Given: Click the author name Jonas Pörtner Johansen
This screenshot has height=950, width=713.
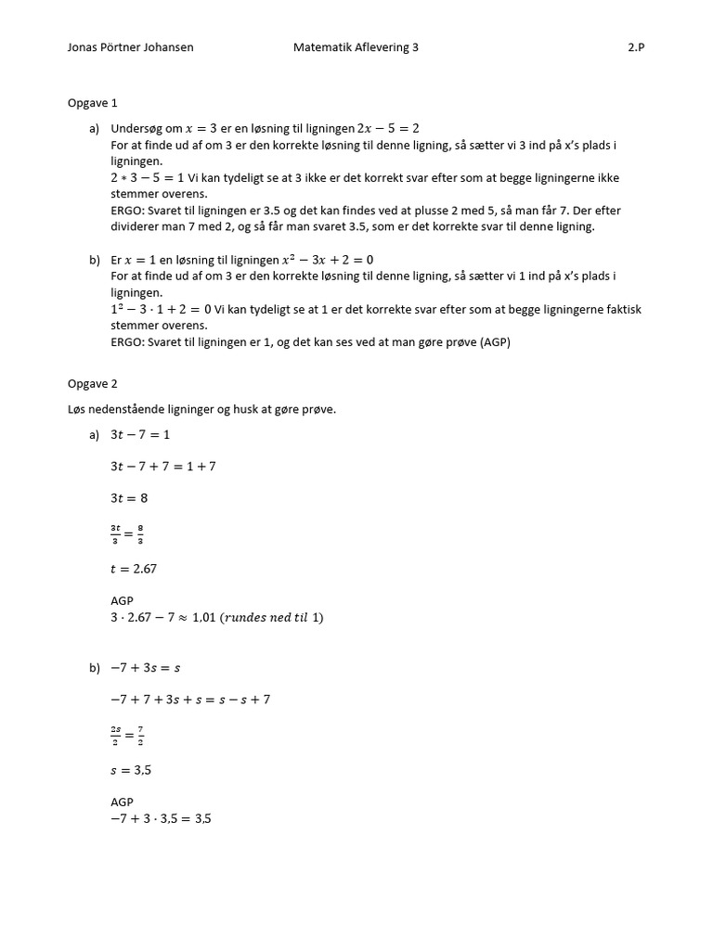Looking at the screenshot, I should point(131,47).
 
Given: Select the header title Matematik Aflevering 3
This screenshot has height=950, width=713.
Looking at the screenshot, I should point(356,47).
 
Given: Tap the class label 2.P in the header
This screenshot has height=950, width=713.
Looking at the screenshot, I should point(635,47).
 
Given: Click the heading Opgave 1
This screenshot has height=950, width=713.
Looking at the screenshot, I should point(93,103).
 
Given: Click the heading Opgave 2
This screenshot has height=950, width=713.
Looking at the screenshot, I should point(93,383).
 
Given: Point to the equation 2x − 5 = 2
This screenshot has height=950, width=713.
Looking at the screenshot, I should point(388,128).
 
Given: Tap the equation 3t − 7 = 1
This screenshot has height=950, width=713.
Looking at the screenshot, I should point(140,434).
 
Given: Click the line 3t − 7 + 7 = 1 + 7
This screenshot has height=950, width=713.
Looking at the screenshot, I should point(163,466).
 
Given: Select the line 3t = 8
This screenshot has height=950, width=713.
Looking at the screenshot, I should point(129,498).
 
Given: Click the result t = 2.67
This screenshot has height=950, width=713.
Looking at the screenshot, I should point(134,569).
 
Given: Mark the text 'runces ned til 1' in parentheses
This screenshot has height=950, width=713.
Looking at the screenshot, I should point(271,618).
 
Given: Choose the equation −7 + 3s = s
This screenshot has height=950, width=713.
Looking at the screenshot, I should point(147,668).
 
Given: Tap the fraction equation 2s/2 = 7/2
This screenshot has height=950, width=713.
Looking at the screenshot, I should point(127,736).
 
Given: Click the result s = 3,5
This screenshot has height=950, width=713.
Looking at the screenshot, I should point(131,771).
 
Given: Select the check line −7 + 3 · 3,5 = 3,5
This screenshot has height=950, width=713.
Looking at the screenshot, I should point(161,819).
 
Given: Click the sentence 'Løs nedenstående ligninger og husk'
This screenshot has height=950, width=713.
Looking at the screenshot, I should point(201,409).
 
